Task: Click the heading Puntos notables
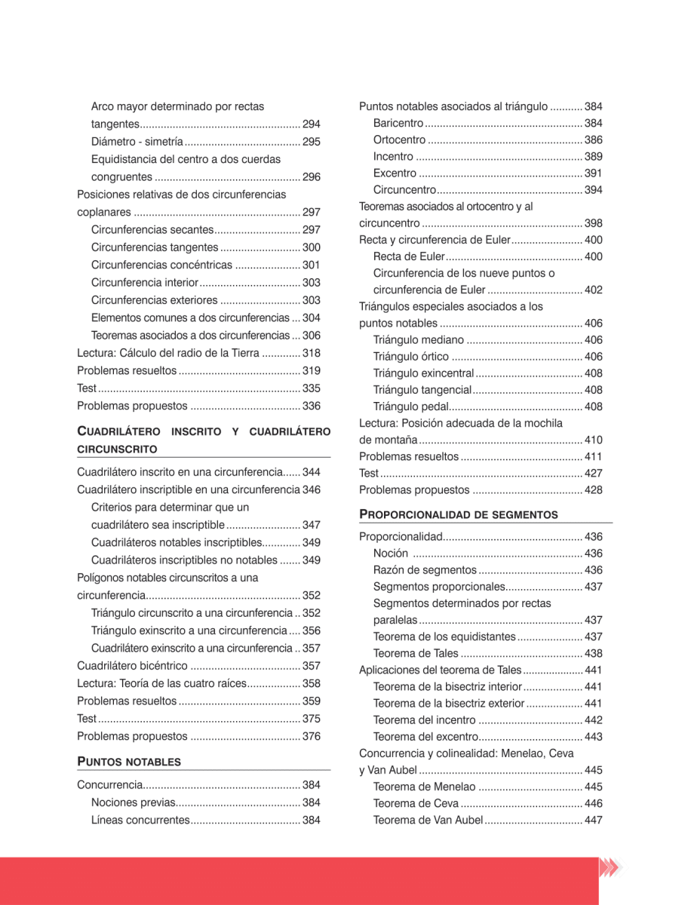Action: click(x=129, y=761)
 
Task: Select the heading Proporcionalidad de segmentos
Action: click(x=458, y=514)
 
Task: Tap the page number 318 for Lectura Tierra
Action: click(x=311, y=353)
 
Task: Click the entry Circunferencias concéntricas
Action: click(x=161, y=265)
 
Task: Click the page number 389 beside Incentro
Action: click(x=593, y=157)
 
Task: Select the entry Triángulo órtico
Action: click(x=410, y=357)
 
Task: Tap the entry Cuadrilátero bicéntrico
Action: click(x=132, y=666)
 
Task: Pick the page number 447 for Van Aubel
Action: click(x=593, y=820)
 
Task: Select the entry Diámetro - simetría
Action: click(x=137, y=142)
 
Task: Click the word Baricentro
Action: click(x=398, y=123)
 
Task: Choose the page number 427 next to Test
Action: click(x=593, y=473)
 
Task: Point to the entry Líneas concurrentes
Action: click(x=140, y=820)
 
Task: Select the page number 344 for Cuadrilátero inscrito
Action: click(x=311, y=472)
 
